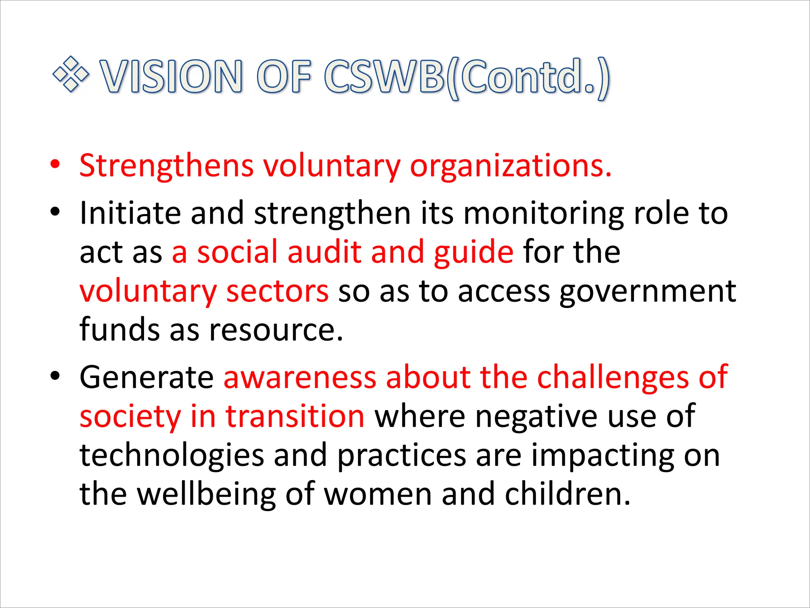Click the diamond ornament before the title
coord(71,74)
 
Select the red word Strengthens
coord(166,165)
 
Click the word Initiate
coord(130,213)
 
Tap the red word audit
coord(324,252)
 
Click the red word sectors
coord(277,291)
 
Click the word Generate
coord(147,377)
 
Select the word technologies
coord(172,455)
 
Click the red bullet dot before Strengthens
coord(55,164)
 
